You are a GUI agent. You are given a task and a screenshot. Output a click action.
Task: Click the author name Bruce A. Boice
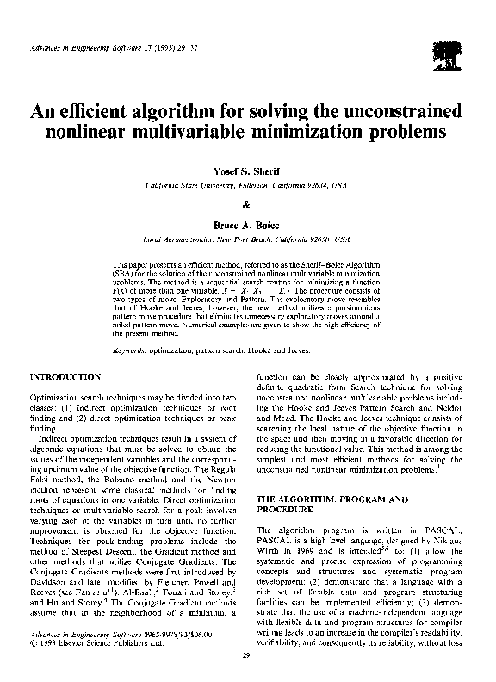247,222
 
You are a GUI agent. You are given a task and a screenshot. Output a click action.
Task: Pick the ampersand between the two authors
247,203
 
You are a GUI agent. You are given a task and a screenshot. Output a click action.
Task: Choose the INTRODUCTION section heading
66,377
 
